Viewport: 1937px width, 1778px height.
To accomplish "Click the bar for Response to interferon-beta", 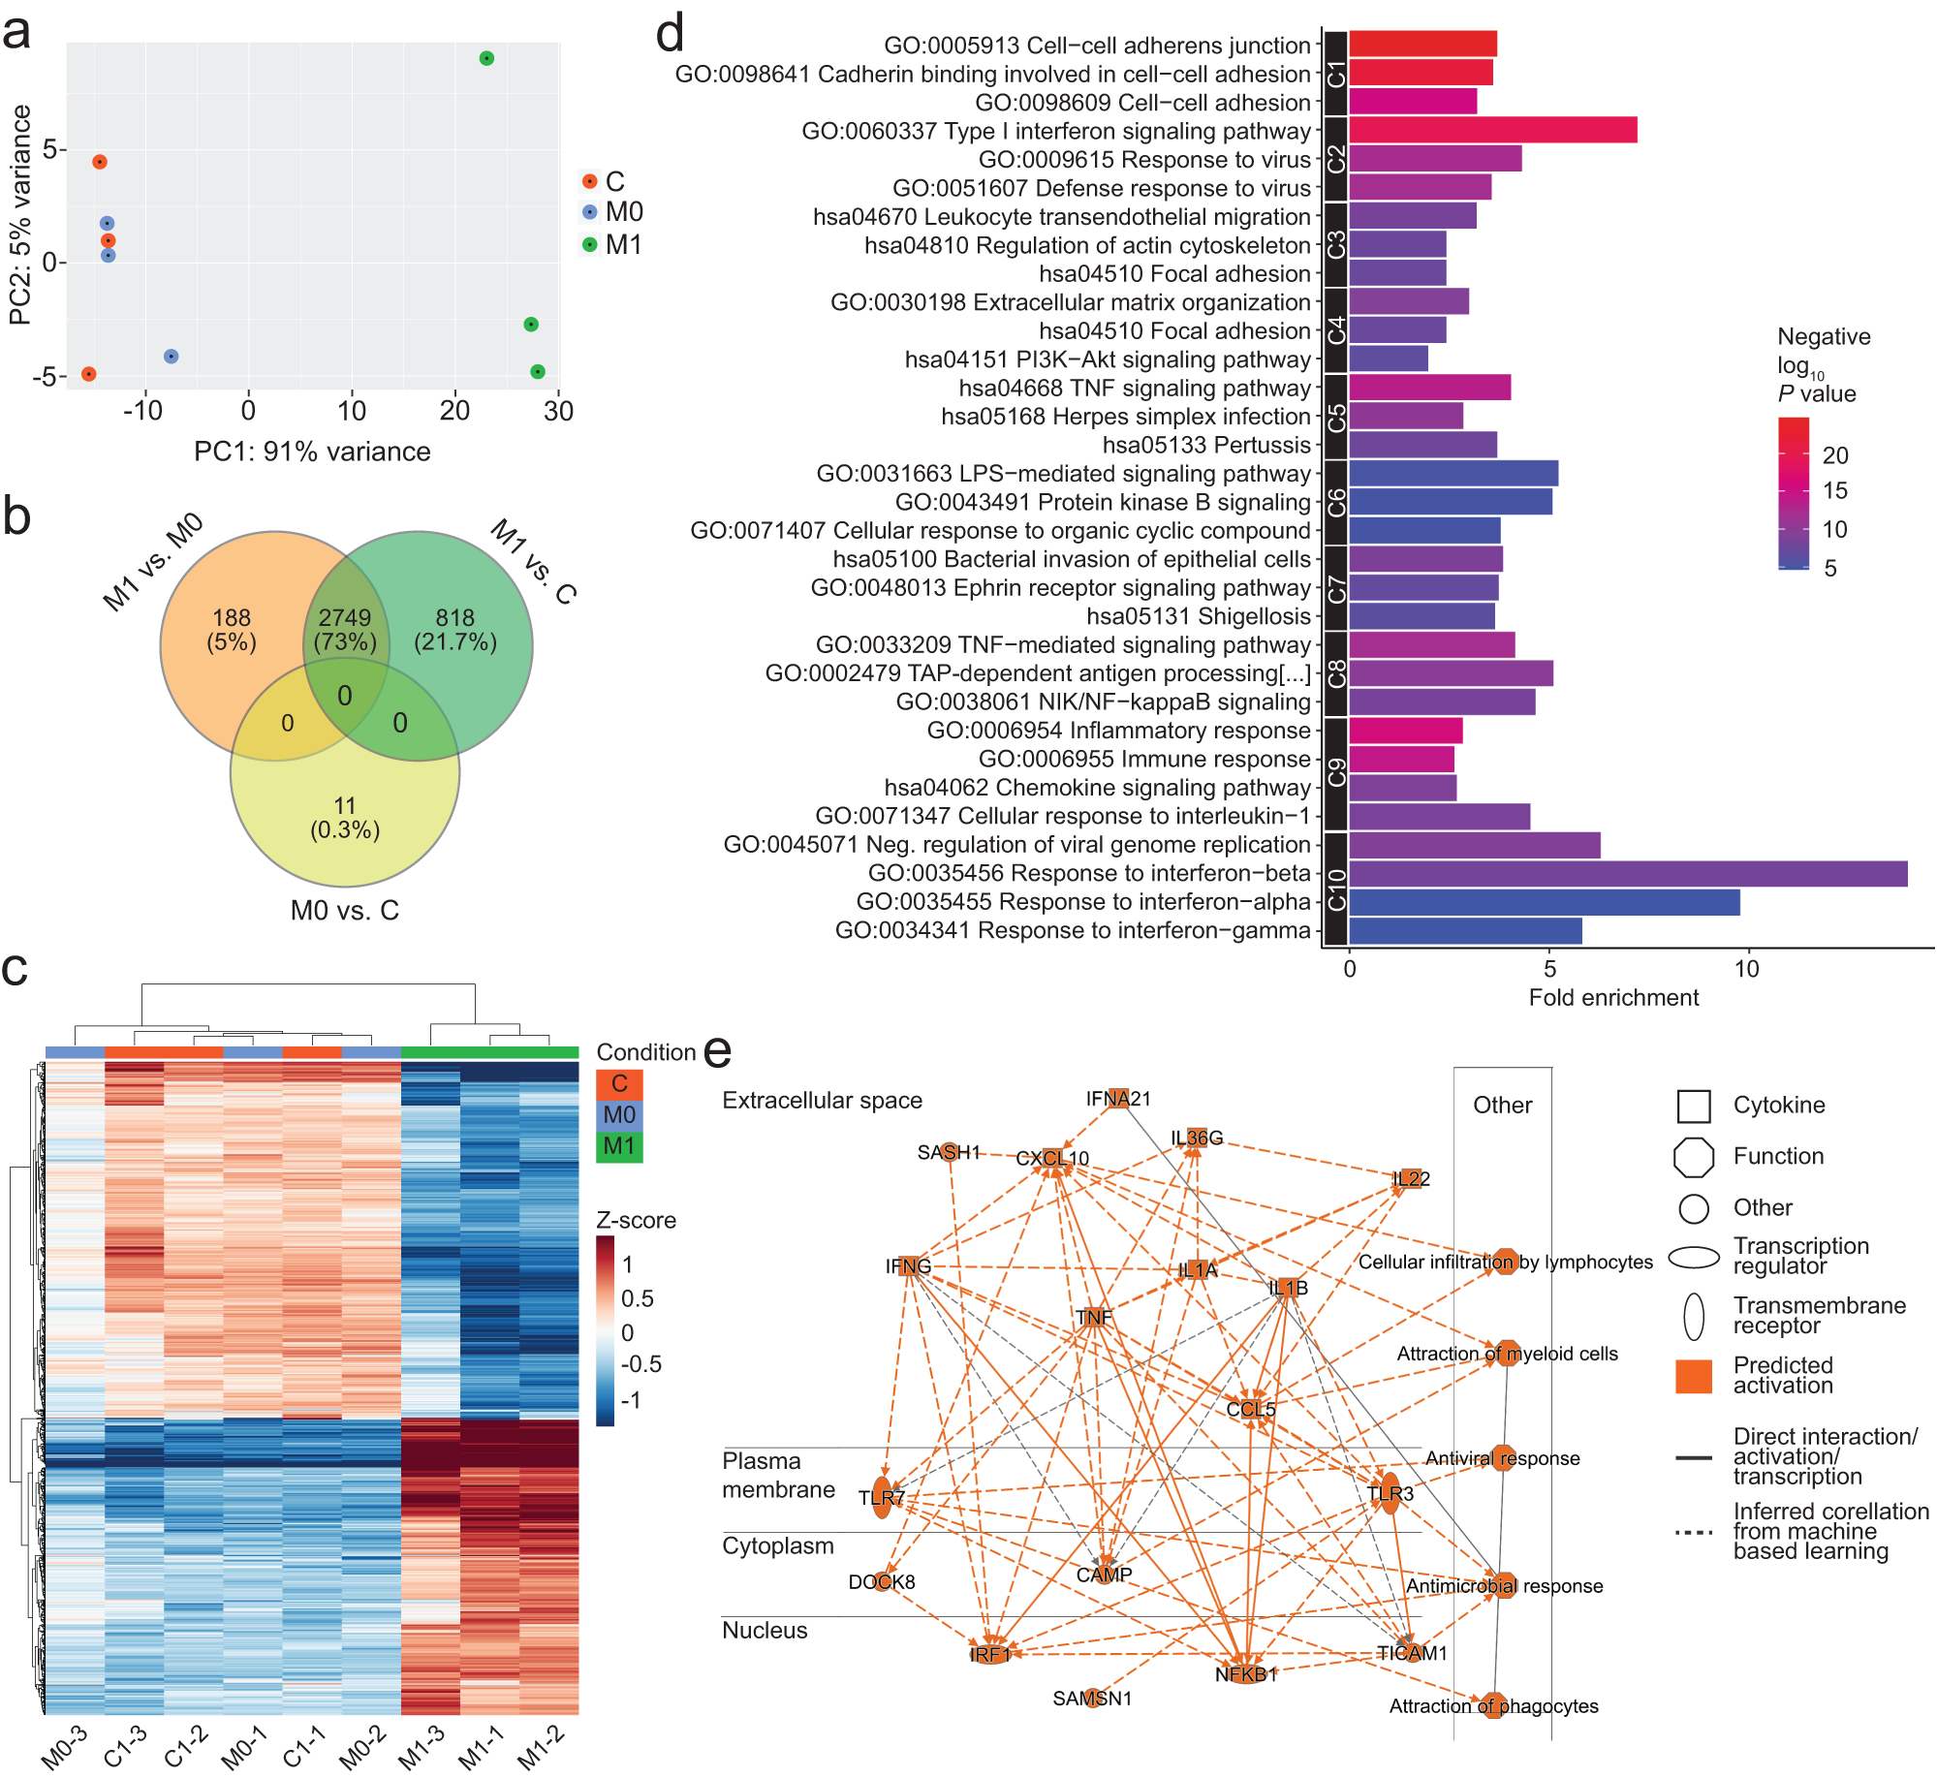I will [x=1628, y=873].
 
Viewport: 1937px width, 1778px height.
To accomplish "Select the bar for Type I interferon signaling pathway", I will [x=1492, y=130].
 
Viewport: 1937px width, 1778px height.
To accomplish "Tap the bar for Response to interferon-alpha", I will [x=1544, y=902].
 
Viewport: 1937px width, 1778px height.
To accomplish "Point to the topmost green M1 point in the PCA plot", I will [x=486, y=58].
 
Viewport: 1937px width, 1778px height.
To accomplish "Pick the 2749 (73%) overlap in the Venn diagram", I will [x=345, y=630].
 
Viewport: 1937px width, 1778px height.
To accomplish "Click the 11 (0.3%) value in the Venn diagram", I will [x=345, y=817].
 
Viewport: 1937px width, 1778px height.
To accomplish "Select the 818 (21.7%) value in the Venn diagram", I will [x=454, y=630].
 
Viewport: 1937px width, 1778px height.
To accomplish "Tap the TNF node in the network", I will [x=1094, y=1318].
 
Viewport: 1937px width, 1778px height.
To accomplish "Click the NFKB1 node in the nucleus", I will [x=1246, y=1673].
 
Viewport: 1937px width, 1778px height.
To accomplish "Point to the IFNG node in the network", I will [x=908, y=1266].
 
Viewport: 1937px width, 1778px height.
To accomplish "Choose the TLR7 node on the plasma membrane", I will [x=882, y=1498].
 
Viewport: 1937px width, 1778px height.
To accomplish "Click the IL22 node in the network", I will [x=1411, y=1179].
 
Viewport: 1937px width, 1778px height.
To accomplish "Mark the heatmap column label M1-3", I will [x=423, y=1747].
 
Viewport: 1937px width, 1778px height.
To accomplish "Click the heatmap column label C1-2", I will [x=187, y=1747].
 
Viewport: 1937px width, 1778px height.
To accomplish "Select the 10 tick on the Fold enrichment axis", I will [x=1746, y=969].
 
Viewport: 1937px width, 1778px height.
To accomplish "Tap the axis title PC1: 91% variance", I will [x=312, y=452].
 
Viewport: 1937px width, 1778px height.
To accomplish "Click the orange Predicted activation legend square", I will [x=1694, y=1376].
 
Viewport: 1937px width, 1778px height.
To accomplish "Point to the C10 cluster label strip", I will [x=1335, y=889].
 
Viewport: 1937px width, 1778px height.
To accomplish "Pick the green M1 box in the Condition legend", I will [x=619, y=1146].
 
